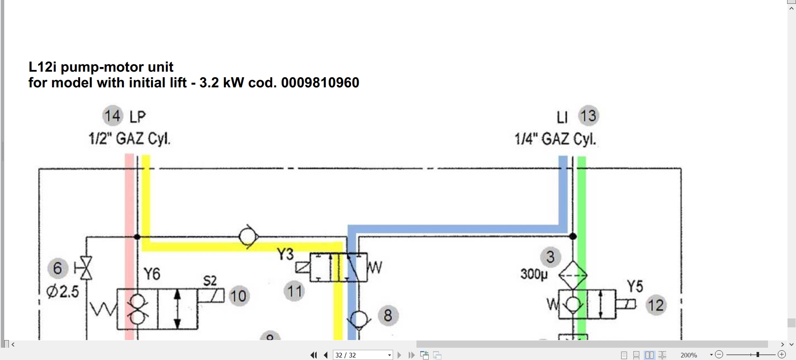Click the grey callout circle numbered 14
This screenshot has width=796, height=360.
[x=113, y=116]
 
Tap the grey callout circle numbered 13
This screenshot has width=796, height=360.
[x=589, y=116]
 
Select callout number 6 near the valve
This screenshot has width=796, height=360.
[x=58, y=268]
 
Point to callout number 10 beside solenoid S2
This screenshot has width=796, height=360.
[x=239, y=296]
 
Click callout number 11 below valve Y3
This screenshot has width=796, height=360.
[x=294, y=291]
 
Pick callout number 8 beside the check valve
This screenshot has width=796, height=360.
[x=388, y=315]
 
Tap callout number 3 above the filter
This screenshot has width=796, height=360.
[x=550, y=257]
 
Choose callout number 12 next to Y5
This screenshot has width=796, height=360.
[x=656, y=305]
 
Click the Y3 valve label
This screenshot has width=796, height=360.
[x=285, y=254]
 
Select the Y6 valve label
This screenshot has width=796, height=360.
[x=152, y=274]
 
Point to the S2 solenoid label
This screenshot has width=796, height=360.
[x=210, y=281]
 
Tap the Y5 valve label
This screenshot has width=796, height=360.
[x=635, y=286]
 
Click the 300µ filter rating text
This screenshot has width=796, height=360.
[x=534, y=274]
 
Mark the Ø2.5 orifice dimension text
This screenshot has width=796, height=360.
[x=63, y=292]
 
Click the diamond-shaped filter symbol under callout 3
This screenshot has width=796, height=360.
[x=573, y=275]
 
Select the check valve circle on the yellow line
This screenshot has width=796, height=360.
[x=248, y=237]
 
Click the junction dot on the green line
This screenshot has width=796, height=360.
[x=573, y=236]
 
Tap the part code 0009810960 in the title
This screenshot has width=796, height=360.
[x=320, y=82]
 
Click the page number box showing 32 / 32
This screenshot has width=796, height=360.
[x=363, y=355]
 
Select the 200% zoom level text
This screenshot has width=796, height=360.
[x=689, y=355]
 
